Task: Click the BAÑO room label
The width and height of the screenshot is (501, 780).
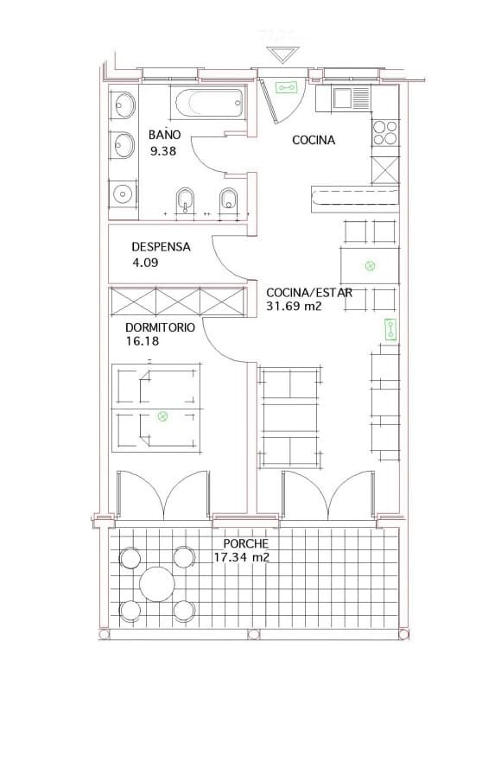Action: (164, 135)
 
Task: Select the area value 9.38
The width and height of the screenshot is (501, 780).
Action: (162, 151)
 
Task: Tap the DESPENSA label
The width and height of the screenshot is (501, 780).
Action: (161, 246)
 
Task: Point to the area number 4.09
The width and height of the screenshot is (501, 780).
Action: (145, 263)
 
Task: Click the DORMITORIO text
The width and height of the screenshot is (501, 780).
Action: (160, 327)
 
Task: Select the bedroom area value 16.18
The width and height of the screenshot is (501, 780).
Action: (142, 342)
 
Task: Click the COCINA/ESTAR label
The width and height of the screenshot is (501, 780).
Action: (309, 292)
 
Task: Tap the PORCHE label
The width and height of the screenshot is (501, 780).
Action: (246, 543)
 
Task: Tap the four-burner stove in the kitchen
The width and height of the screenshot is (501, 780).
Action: (385, 133)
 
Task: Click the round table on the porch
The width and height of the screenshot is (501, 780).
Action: (157, 583)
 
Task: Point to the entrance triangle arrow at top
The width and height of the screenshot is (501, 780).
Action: (280, 55)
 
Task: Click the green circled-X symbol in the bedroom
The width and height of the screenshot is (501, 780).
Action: (162, 416)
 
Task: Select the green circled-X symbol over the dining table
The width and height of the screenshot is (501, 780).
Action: (371, 266)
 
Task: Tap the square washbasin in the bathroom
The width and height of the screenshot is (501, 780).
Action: (124, 193)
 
